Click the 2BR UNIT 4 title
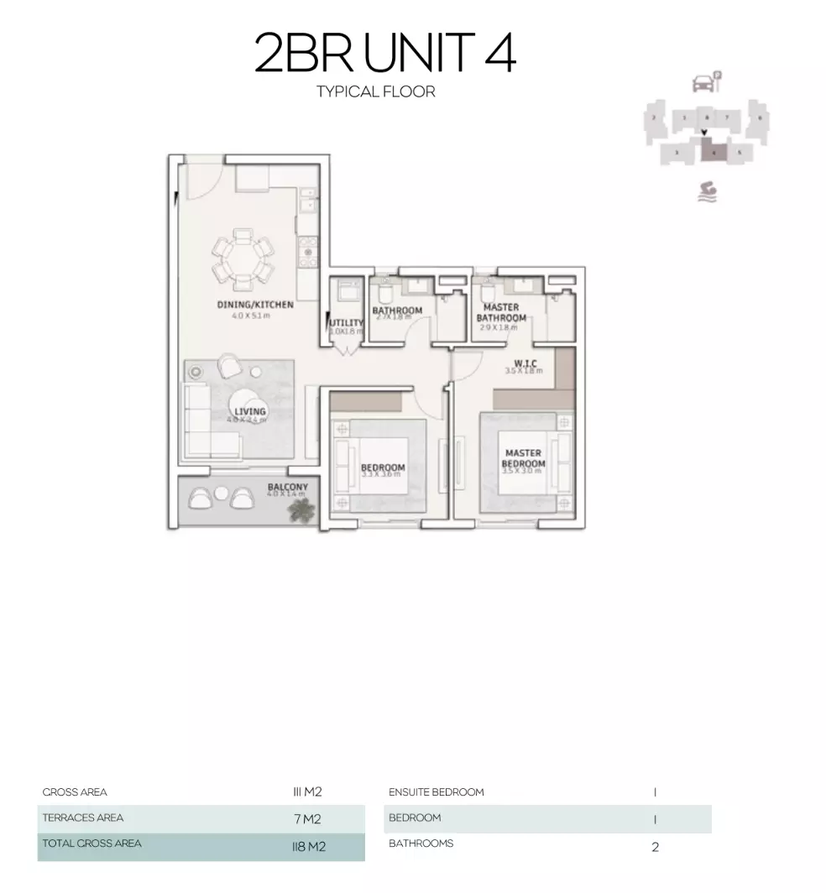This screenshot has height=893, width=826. click(385, 53)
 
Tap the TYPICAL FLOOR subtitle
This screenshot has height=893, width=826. click(376, 91)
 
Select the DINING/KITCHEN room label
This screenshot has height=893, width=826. click(255, 305)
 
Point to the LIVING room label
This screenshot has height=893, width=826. click(249, 411)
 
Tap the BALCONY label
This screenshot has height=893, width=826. click(288, 487)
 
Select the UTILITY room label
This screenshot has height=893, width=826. click(347, 322)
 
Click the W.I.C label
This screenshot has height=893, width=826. click(520, 363)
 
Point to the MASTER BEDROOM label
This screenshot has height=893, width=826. click(524, 458)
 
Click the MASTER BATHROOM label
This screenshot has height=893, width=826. click(501, 312)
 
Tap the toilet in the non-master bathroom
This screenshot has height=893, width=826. click(384, 294)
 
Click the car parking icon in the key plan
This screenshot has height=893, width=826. click(703, 82)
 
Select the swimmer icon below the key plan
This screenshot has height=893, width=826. click(707, 192)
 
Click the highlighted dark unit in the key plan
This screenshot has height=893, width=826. click(713, 152)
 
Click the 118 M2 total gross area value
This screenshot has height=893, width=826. click(303, 847)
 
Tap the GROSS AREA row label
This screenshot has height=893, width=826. click(75, 791)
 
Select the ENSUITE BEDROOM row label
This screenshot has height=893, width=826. click(436, 791)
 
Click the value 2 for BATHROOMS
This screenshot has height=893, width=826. click(655, 847)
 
